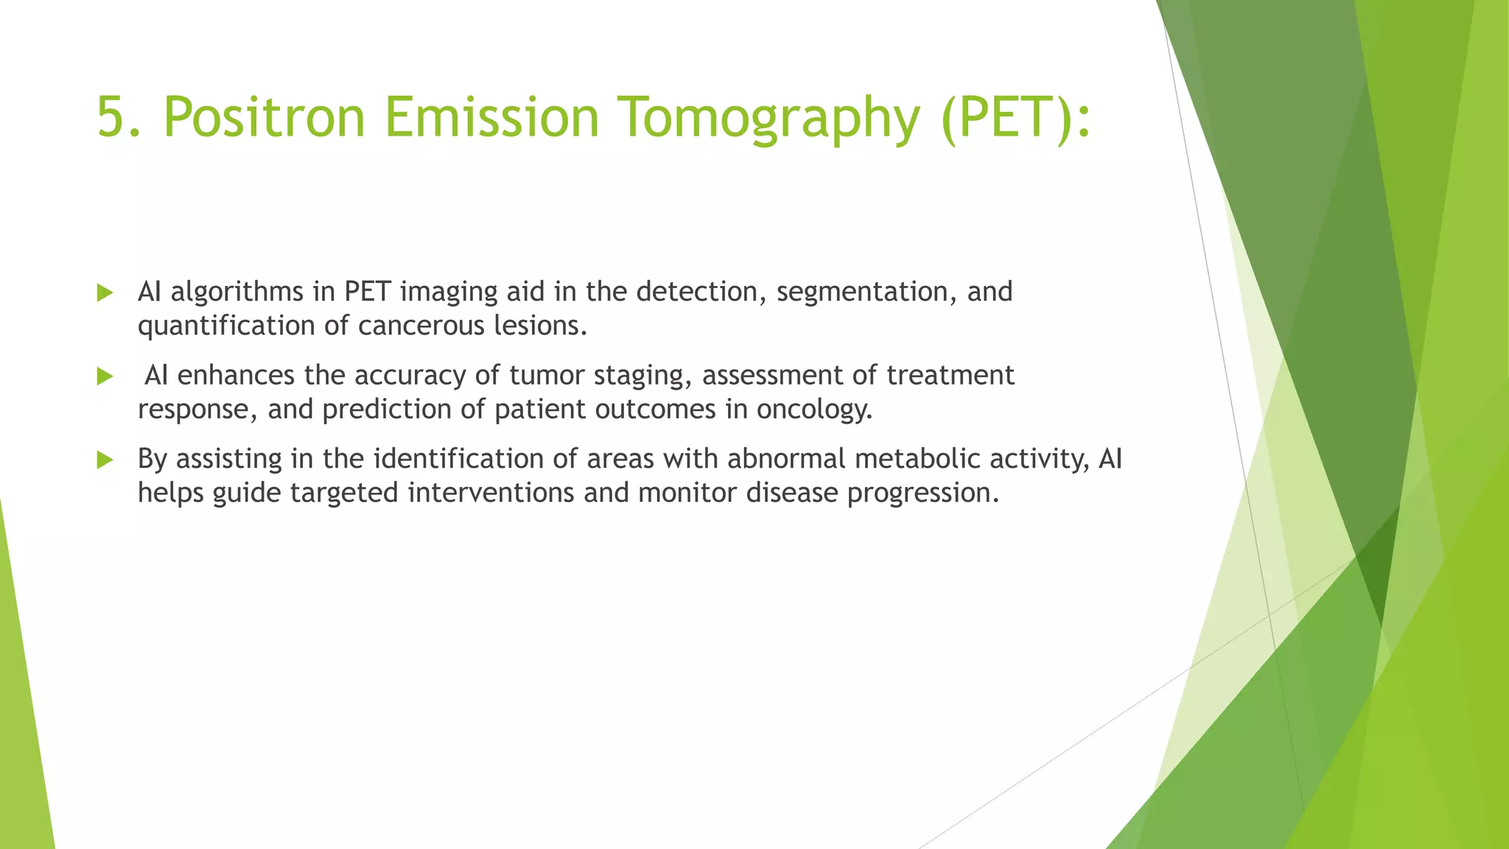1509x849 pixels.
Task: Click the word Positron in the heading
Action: (264, 117)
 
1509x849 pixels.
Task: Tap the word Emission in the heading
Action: (491, 117)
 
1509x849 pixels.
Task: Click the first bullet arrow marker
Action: (105, 293)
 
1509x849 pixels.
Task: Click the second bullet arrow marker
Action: (105, 377)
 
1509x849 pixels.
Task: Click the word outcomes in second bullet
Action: (655, 409)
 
